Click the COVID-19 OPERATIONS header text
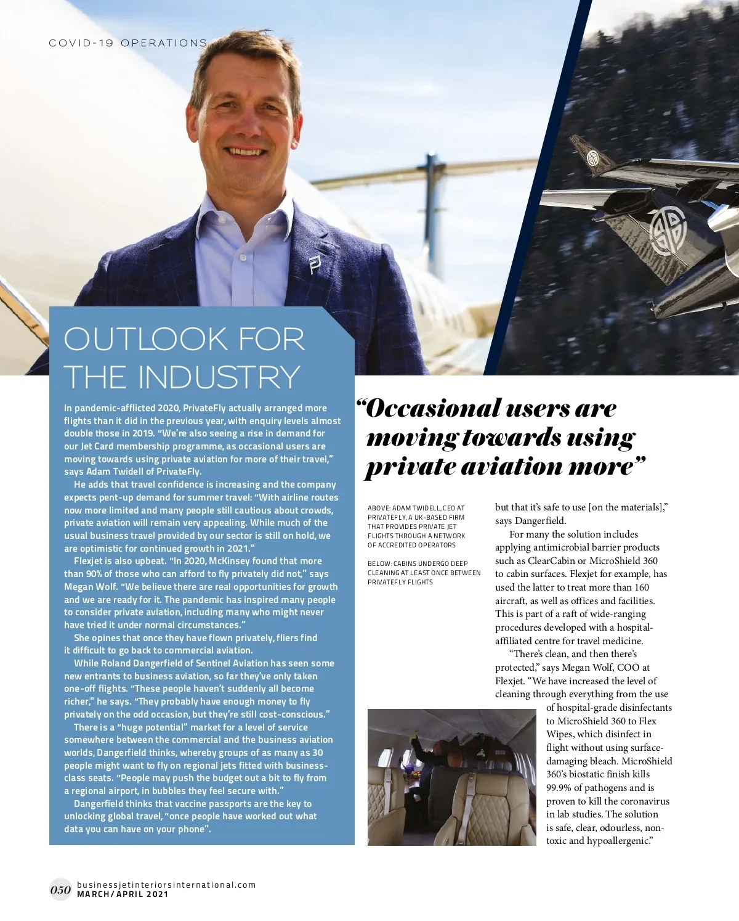pyautogui.click(x=128, y=43)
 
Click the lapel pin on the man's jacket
pyautogui.click(x=315, y=265)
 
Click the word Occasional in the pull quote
pyautogui.click(x=434, y=409)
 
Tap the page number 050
pyautogui.click(x=60, y=890)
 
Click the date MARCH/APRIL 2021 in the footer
pyautogui.click(x=123, y=894)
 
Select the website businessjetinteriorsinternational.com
pyautogui.click(x=166, y=885)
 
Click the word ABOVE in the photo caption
pyautogui.click(x=378, y=509)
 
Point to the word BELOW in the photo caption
pyautogui.click(x=379, y=563)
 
